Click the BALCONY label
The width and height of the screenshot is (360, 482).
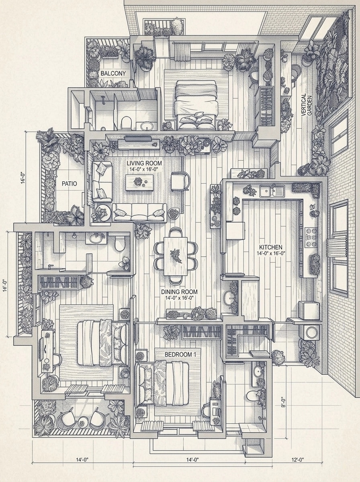tap(113, 74)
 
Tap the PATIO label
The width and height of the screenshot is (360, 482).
tap(69, 184)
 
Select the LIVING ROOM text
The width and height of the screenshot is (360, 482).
tap(144, 163)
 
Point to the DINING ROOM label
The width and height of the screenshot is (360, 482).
tap(179, 292)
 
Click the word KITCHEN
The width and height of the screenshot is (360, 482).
tap(271, 247)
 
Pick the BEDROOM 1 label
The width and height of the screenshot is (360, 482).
tap(180, 354)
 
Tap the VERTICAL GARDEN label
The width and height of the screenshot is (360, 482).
tap(307, 105)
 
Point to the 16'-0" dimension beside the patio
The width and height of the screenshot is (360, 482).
tap(23, 178)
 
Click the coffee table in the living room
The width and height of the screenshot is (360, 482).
tap(139, 182)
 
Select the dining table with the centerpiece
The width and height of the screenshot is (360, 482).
tap(176, 256)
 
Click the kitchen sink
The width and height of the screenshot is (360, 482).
tap(272, 191)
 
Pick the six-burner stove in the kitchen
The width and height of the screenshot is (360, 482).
tap(312, 237)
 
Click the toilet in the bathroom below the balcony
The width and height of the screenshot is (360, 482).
tap(126, 122)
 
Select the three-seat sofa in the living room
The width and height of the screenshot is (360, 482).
tap(140, 212)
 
